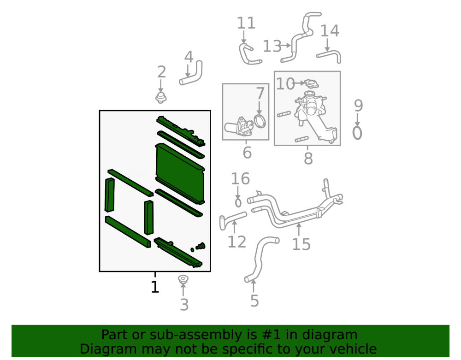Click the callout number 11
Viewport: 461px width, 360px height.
pos(246,23)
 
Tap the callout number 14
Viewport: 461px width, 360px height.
pos(330,31)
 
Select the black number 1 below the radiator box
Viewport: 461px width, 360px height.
pos(155,287)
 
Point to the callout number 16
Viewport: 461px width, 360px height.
pos(240,179)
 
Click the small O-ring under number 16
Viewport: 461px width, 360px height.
pos(238,202)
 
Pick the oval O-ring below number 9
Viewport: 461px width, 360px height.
pos(357,133)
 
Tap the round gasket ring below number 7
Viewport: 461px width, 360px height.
pos(260,121)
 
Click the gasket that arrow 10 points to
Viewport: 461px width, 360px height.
pos(311,83)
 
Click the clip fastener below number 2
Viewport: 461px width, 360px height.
pos(161,98)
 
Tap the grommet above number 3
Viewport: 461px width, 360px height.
pos(183,279)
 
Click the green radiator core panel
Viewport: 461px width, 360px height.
pos(180,173)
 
